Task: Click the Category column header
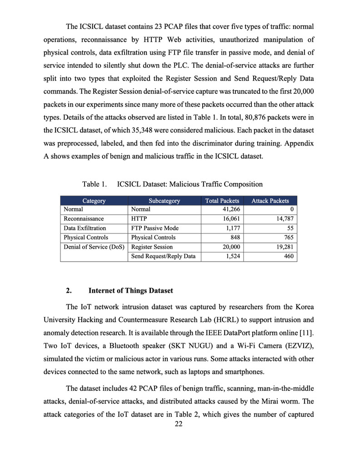94,201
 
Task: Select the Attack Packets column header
270,201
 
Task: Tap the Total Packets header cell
222,201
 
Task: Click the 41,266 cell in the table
231,210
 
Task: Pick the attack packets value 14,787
284,219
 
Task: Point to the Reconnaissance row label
84,219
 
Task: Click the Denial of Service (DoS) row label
94,247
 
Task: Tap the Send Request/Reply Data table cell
163,256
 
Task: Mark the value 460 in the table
289,256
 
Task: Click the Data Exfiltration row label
85,228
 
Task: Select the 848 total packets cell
235,238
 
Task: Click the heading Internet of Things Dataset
130,290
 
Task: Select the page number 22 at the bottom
180,424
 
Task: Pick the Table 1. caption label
94,184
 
